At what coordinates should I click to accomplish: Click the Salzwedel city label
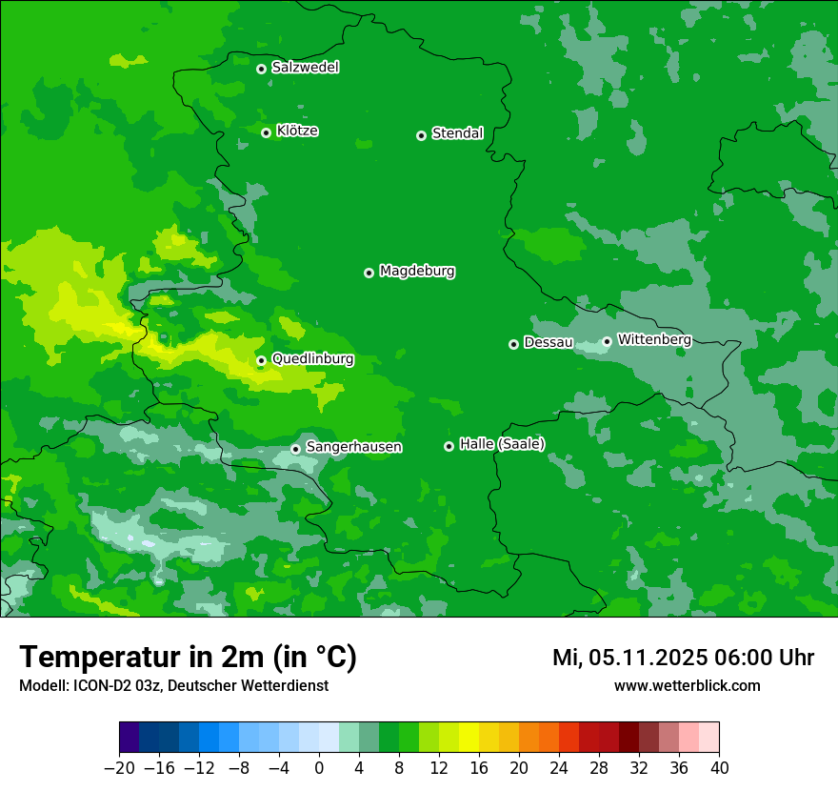tap(305, 68)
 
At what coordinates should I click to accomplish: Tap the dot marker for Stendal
tap(421, 135)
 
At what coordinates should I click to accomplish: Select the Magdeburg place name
tap(417, 272)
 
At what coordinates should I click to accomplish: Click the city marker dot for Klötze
tap(267, 132)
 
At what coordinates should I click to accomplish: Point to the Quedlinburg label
tap(312, 359)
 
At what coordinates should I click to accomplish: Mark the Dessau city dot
tap(513, 344)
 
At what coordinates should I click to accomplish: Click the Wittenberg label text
tap(654, 339)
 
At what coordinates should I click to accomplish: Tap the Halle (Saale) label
tap(502, 444)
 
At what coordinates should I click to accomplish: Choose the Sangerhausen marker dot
tap(296, 449)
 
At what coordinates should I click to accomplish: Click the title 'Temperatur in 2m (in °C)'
tap(188, 658)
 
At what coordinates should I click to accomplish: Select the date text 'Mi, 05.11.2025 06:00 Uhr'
tap(683, 658)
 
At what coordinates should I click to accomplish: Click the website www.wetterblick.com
tap(687, 686)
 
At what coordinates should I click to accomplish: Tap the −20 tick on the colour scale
tap(119, 768)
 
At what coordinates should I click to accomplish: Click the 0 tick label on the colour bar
tap(319, 768)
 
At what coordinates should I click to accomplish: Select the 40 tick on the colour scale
tap(719, 768)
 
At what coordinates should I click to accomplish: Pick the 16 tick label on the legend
tap(479, 768)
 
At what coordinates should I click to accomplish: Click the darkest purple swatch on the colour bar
tap(129, 738)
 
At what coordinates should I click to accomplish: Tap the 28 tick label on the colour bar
tap(599, 768)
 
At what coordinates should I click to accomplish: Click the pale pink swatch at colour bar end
tap(709, 738)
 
